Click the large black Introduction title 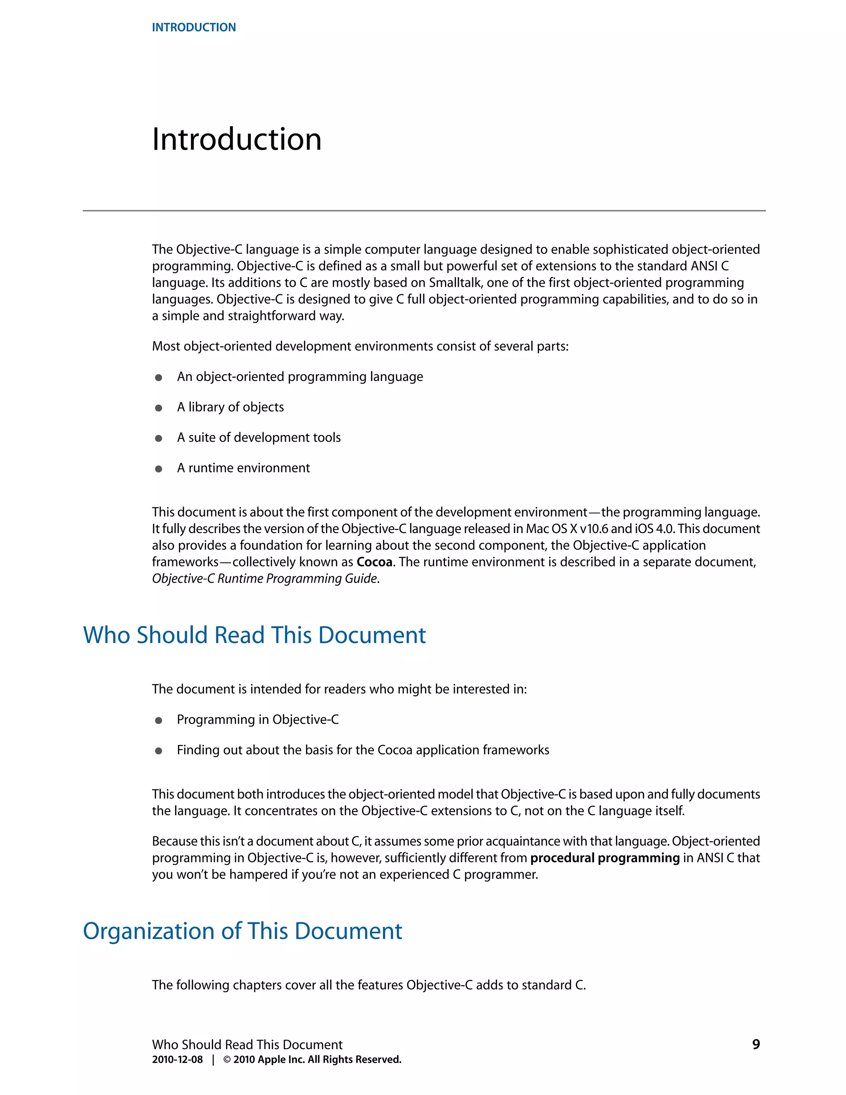(x=237, y=139)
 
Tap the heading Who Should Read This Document (x=254, y=635)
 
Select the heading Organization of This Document (x=242, y=931)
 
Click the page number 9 (x=756, y=1044)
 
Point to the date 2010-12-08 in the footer (x=177, y=1059)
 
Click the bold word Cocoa (x=374, y=562)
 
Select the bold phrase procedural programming (x=604, y=858)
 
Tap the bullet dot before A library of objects (x=158, y=408)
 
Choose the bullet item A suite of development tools (x=259, y=438)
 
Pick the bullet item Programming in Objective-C (x=258, y=719)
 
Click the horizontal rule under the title (x=423, y=211)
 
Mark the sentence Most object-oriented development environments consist (x=360, y=346)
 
